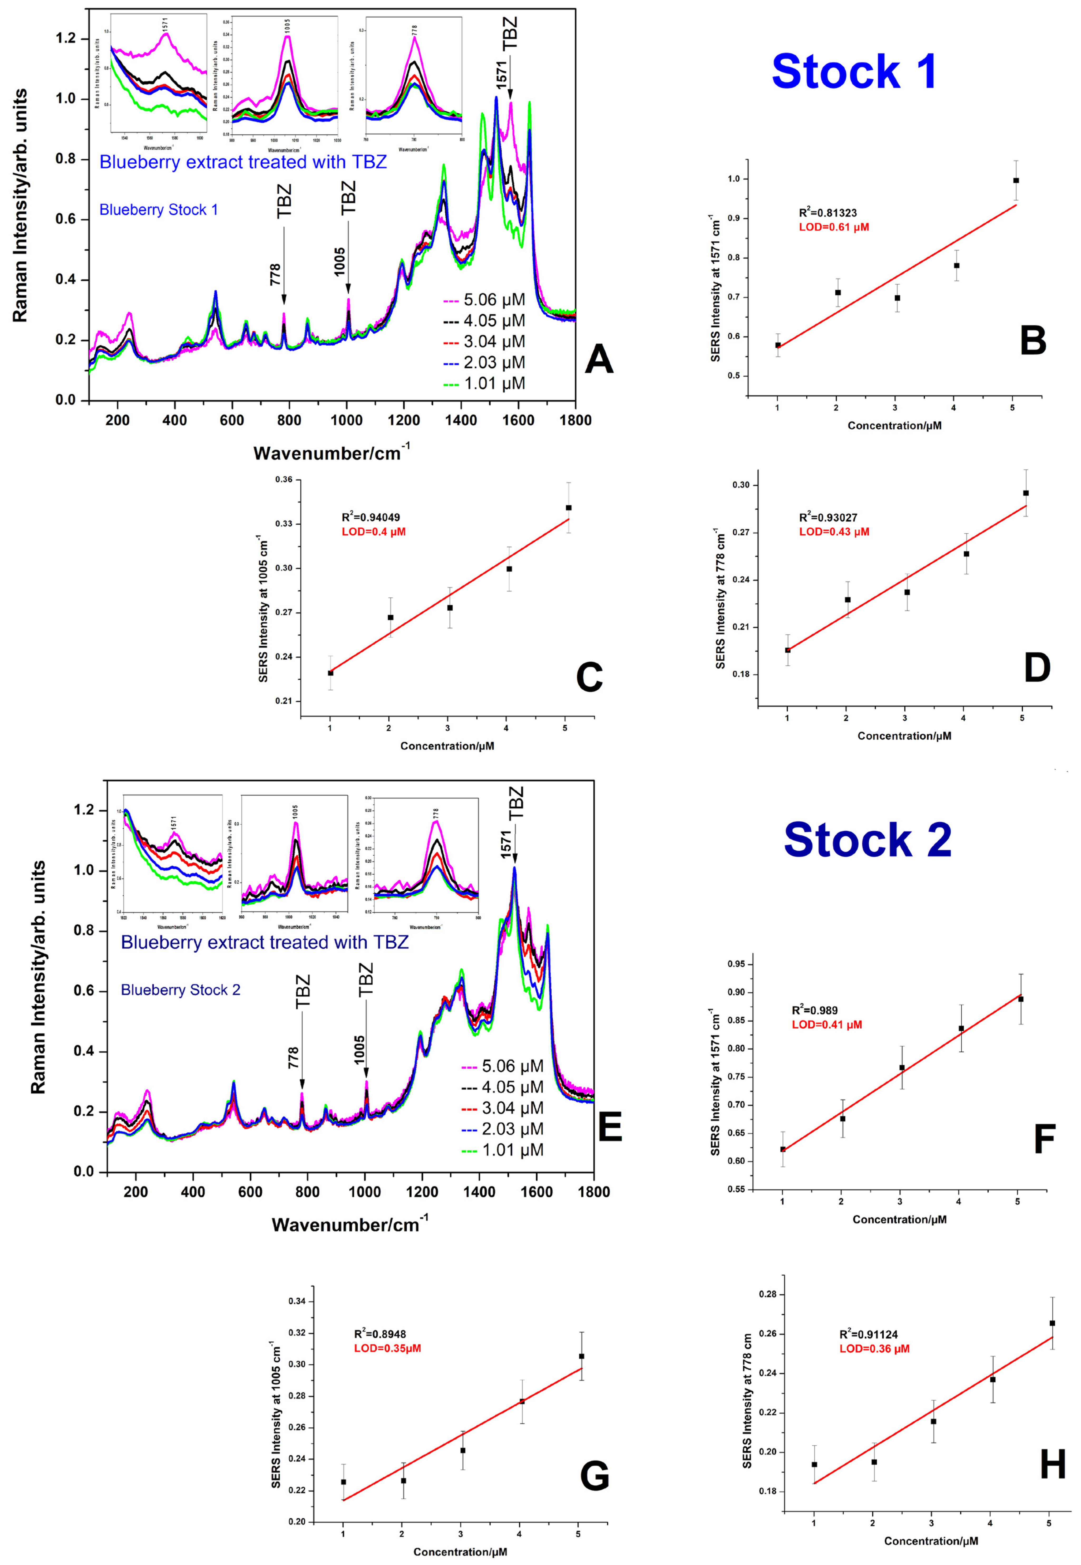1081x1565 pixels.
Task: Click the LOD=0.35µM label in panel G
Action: (x=387, y=1348)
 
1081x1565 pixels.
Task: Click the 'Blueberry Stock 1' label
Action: (x=158, y=210)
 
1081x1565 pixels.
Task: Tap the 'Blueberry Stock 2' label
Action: (x=180, y=990)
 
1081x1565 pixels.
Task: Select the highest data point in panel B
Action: (x=1016, y=181)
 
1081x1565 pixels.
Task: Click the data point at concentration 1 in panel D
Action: (x=788, y=650)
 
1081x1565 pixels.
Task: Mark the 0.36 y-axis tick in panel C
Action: (x=284, y=480)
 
